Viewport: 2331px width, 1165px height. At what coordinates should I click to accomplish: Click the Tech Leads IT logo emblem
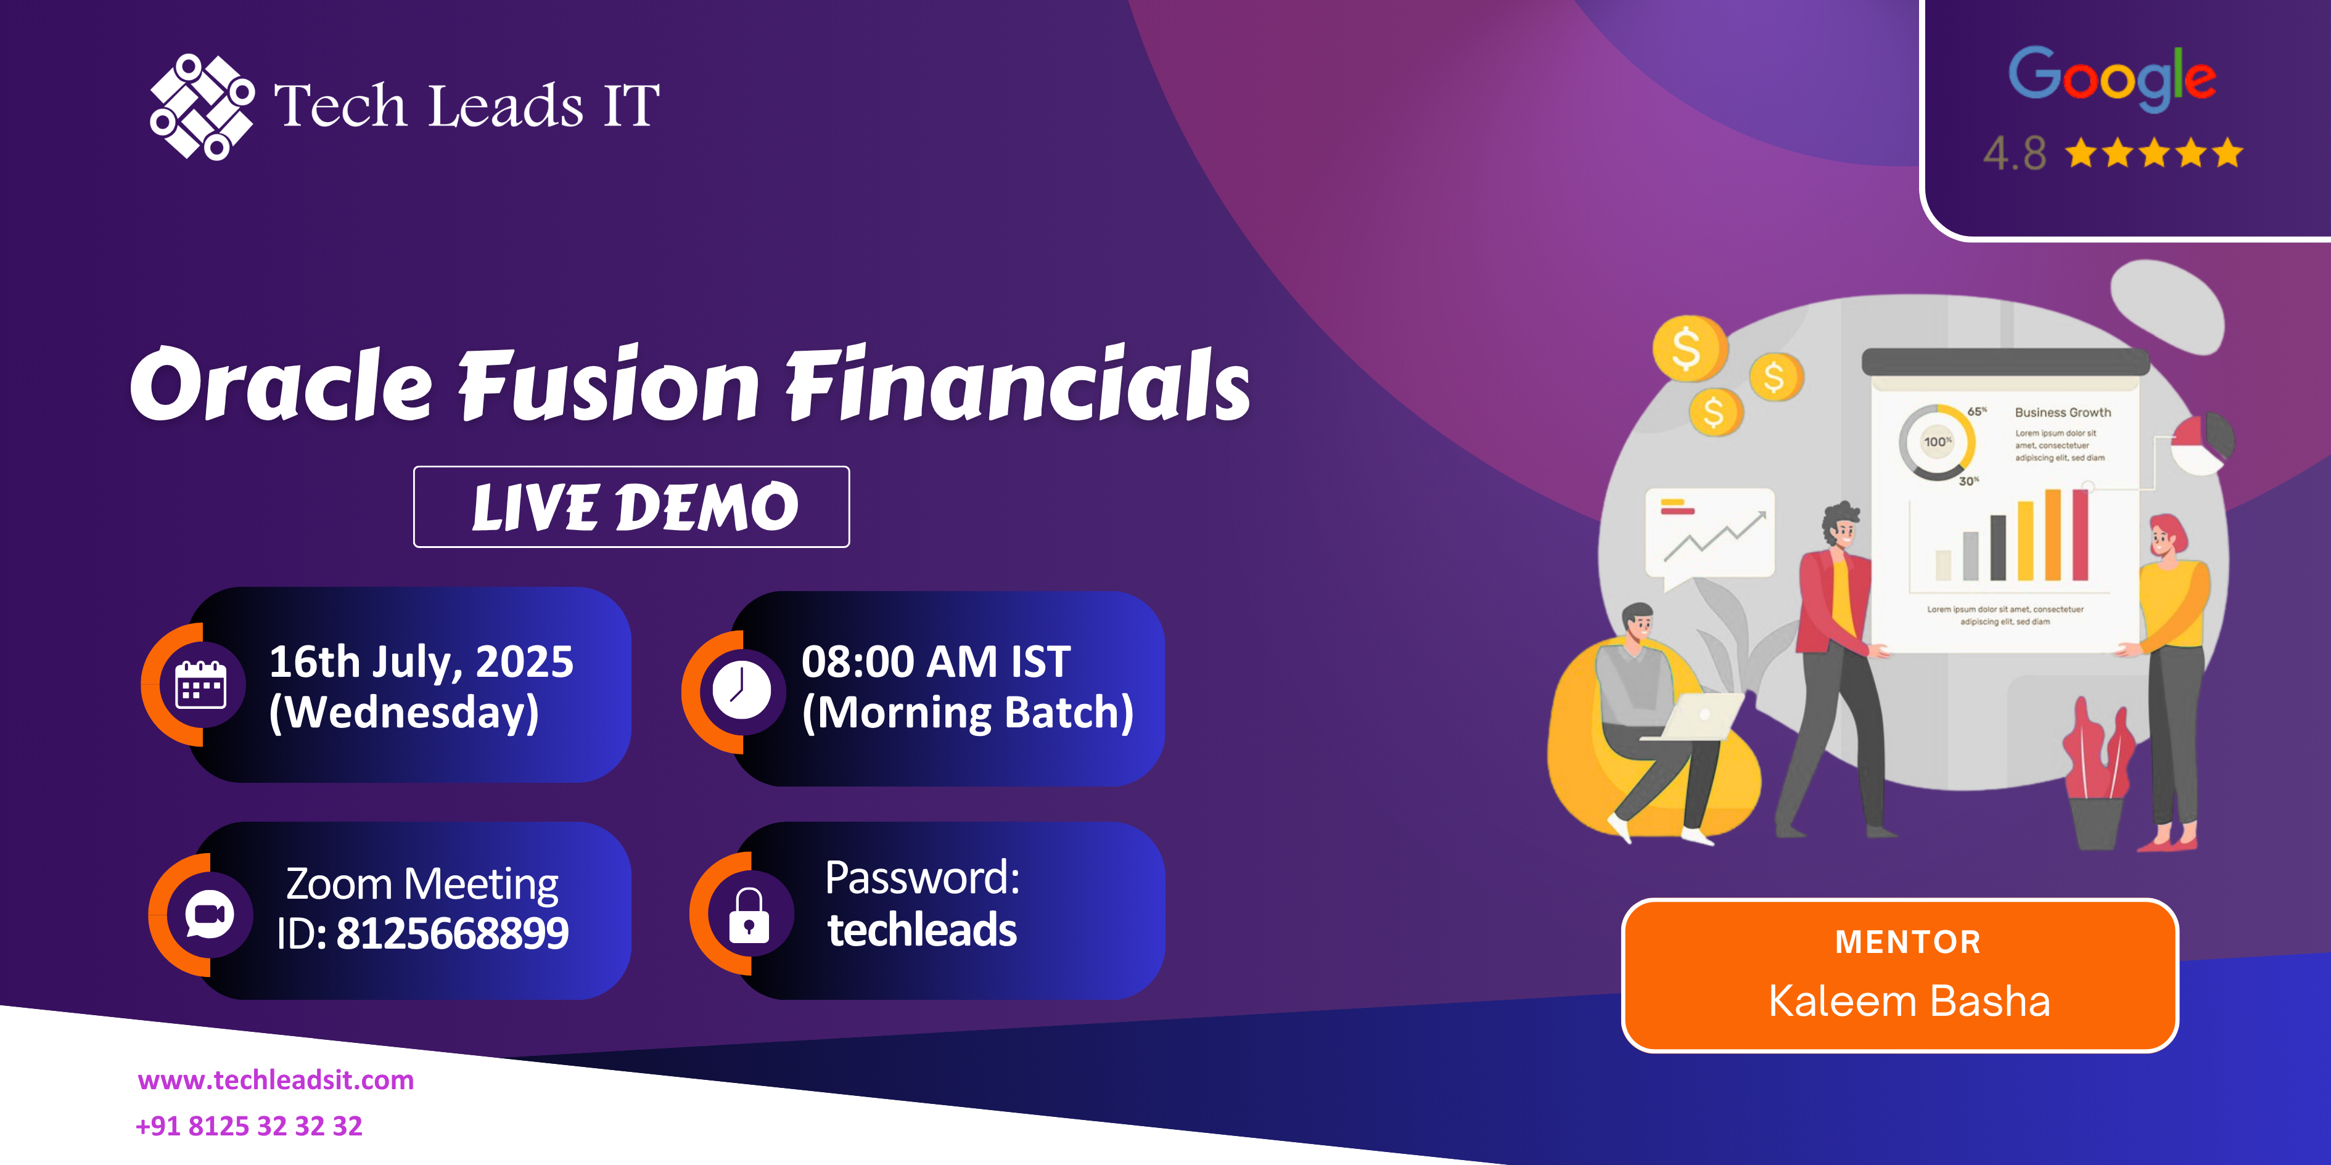pyautogui.click(x=202, y=107)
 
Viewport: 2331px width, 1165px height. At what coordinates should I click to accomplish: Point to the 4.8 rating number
pyautogui.click(x=2014, y=153)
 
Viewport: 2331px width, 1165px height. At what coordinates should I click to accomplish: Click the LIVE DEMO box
pyautogui.click(x=631, y=507)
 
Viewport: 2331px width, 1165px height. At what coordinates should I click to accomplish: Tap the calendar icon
pyautogui.click(x=200, y=685)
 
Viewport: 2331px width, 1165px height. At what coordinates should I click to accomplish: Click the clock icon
pyautogui.click(x=741, y=690)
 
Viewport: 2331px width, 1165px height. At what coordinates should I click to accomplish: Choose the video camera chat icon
pyautogui.click(x=209, y=915)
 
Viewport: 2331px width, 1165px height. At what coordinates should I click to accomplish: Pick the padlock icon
pyautogui.click(x=749, y=915)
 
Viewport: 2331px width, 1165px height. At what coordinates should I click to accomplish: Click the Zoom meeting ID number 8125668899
pyautogui.click(x=453, y=933)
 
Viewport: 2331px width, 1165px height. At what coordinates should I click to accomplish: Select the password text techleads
pyautogui.click(x=922, y=930)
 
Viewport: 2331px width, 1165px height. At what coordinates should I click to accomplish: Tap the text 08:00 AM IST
pyautogui.click(x=935, y=661)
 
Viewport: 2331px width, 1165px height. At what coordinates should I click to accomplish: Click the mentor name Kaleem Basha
pyautogui.click(x=1909, y=1001)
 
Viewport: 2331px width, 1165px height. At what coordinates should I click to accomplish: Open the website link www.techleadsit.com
pyautogui.click(x=276, y=1080)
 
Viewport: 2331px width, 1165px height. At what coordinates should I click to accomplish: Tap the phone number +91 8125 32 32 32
pyautogui.click(x=249, y=1126)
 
